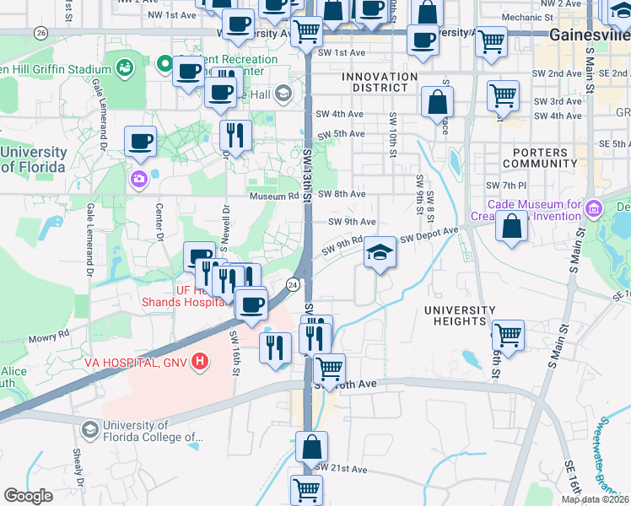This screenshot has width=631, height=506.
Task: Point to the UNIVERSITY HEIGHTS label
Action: tap(460, 316)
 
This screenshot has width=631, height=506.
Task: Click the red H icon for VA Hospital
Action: tap(199, 363)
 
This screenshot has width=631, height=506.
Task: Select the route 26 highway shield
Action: tap(40, 32)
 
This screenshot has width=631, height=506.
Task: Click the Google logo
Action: tap(28, 496)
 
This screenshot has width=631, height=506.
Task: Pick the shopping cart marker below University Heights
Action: tap(508, 335)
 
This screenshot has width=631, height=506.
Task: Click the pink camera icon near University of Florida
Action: tap(138, 179)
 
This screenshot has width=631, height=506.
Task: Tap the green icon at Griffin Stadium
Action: tap(125, 66)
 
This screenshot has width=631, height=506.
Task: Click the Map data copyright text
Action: tap(595, 499)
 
